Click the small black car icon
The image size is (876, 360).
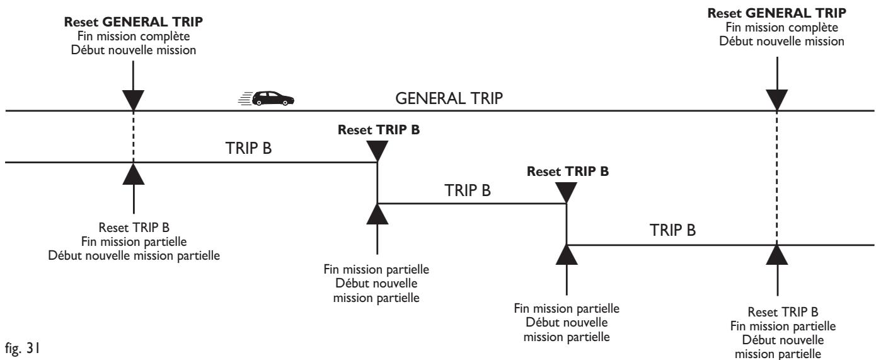click(x=273, y=98)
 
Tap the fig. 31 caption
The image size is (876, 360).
click(x=22, y=347)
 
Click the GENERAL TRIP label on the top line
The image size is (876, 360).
click(x=449, y=98)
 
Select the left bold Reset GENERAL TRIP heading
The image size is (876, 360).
click(x=134, y=22)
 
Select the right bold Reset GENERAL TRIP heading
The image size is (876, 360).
click(x=776, y=13)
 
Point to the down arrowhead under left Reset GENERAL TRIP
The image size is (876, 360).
click(x=134, y=100)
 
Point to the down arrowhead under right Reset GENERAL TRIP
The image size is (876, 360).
click(x=776, y=100)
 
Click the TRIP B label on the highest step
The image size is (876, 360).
click(x=248, y=148)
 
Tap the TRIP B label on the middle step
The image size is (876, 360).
click(x=468, y=190)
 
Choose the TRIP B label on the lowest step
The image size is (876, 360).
click(x=673, y=230)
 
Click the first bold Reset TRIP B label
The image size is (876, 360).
click(x=379, y=130)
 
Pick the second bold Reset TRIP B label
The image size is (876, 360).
click(x=568, y=171)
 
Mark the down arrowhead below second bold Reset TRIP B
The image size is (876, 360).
click(x=567, y=192)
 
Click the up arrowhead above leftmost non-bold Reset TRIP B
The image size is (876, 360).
click(x=134, y=174)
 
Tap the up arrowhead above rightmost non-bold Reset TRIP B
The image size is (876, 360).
click(x=776, y=255)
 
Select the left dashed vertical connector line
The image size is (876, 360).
click(x=134, y=137)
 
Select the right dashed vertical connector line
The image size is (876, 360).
click(x=776, y=178)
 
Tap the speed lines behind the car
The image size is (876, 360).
click(x=245, y=98)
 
